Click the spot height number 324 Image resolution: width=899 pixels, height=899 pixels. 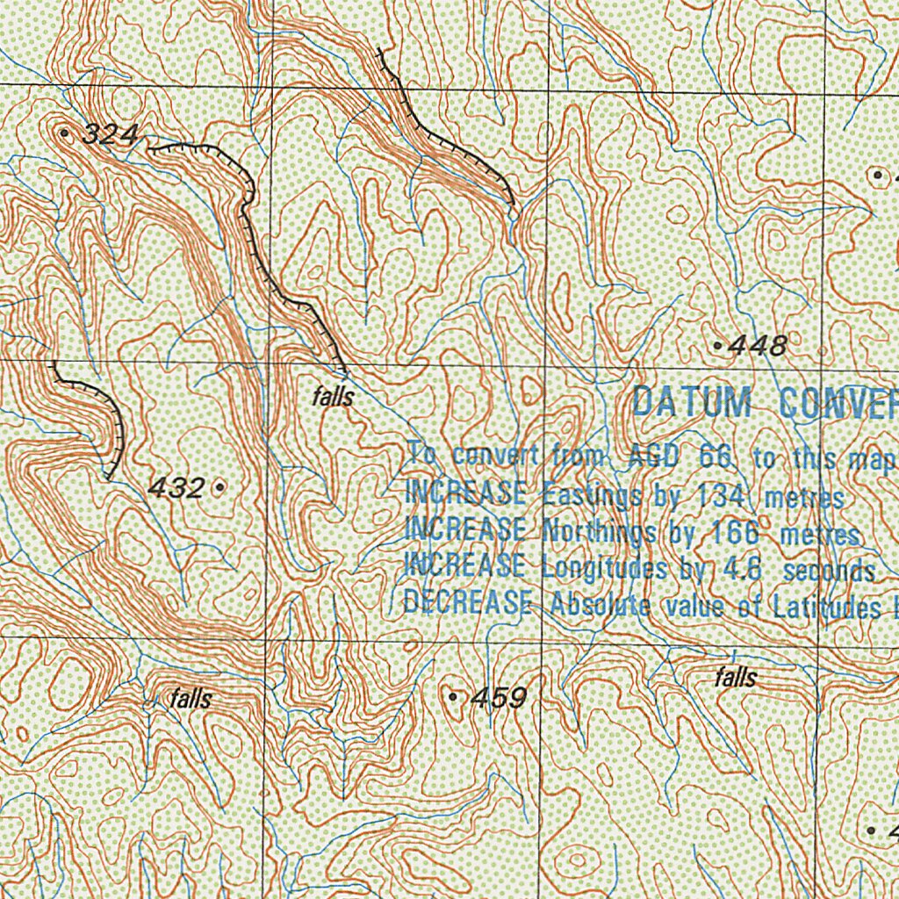point(111,135)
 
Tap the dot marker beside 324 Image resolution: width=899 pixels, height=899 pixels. point(67,132)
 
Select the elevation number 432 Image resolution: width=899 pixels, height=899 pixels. point(176,488)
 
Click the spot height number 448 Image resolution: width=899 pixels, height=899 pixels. point(758,346)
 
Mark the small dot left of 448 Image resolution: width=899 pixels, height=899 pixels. point(719,348)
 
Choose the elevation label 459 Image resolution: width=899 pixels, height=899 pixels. point(499,699)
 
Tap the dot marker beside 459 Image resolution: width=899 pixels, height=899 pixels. point(453,696)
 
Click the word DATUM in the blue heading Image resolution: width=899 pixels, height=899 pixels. point(693,402)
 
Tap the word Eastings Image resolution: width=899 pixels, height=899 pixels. point(593,495)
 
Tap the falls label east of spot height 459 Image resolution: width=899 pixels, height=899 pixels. point(735,677)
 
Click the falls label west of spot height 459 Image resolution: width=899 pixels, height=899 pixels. point(191,699)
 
